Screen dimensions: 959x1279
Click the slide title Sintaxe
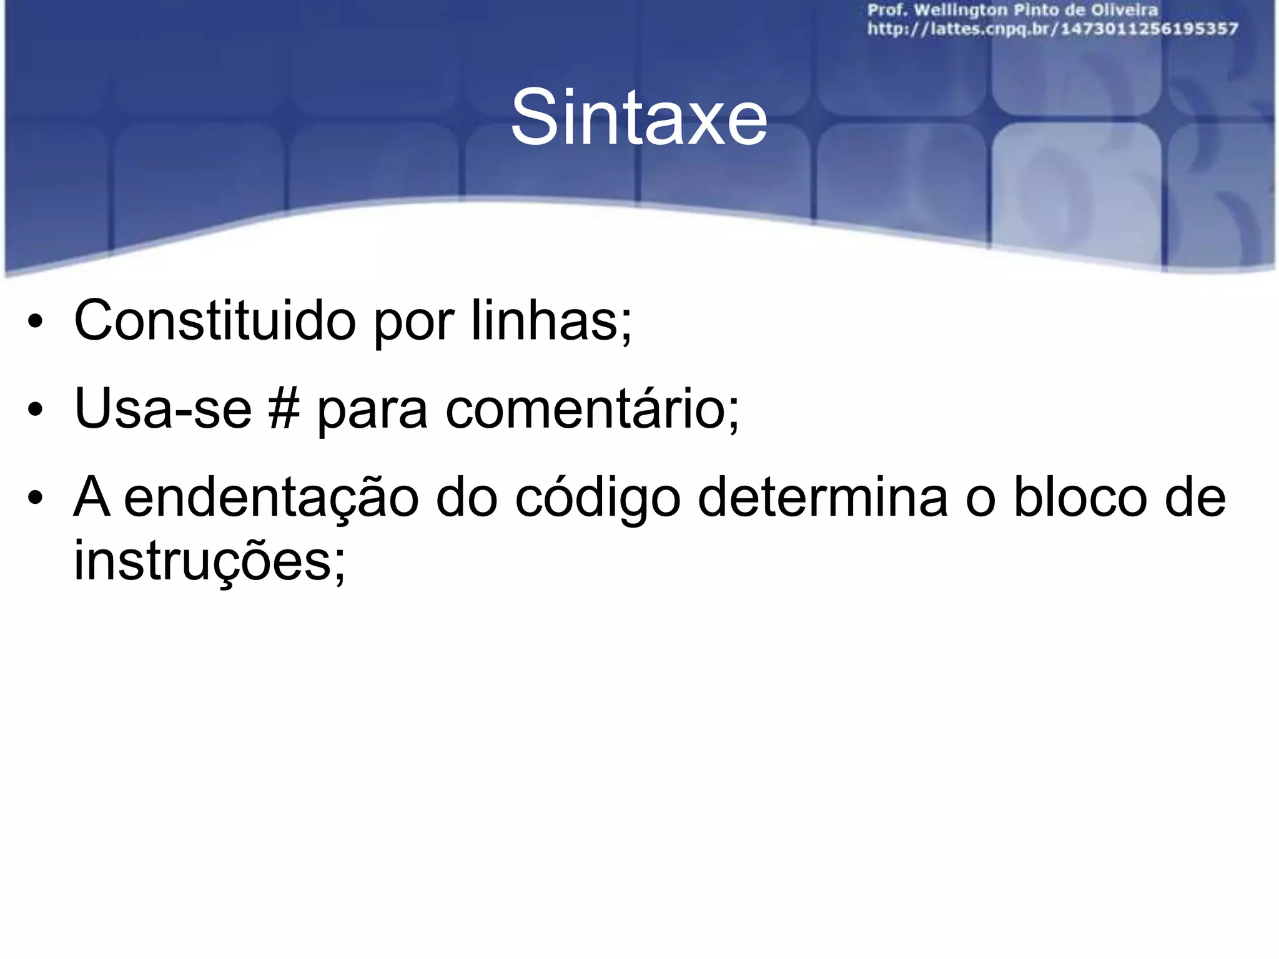[638, 118]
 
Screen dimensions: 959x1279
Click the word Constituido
[214, 320]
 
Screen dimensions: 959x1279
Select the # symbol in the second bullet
[284, 409]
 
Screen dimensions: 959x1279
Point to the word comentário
[591, 409]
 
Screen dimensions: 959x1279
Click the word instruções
[209, 561]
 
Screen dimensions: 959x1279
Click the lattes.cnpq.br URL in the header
[1052, 29]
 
